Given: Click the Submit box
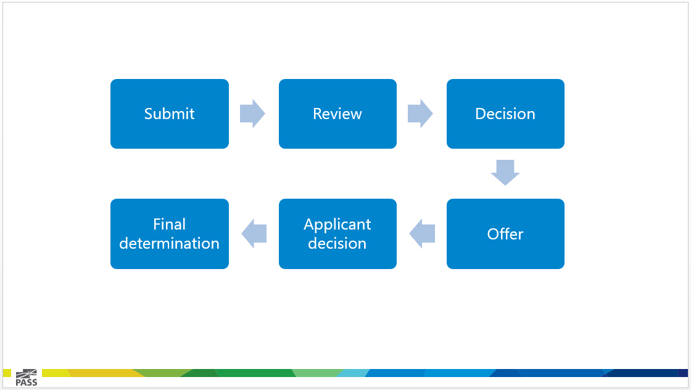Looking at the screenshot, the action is [x=170, y=114].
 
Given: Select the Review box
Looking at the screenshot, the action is [x=337, y=114].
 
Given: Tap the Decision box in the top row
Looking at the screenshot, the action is [x=505, y=114].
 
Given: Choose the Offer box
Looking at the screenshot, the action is [x=505, y=233].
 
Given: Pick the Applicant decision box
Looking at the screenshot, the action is [x=337, y=233].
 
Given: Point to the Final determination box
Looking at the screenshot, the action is [x=170, y=233].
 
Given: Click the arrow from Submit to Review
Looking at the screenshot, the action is [x=252, y=114].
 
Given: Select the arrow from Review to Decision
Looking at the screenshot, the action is [x=420, y=114].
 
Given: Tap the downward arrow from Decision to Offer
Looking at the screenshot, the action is [x=505, y=172].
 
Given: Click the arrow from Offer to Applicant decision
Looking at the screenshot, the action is [x=422, y=233].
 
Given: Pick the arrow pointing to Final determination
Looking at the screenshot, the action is [x=254, y=233].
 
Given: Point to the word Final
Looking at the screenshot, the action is [x=169, y=224].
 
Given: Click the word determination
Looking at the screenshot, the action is [x=169, y=243].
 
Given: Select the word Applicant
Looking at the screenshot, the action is [x=337, y=225].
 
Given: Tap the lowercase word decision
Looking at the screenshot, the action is [x=337, y=243].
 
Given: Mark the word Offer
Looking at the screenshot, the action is [x=505, y=234].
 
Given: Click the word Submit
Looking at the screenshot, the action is [x=169, y=114].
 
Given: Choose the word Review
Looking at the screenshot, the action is [x=337, y=114].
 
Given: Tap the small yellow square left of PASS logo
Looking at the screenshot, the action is [x=7, y=373].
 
